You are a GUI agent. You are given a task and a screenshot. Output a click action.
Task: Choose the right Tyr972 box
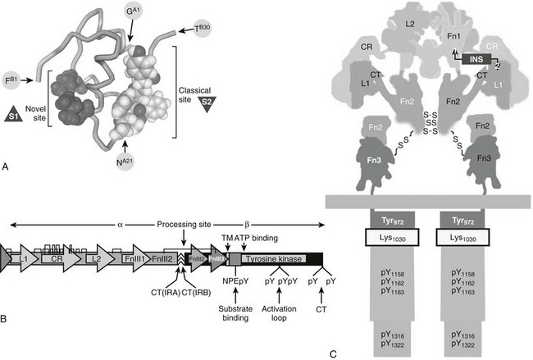[x=471, y=220]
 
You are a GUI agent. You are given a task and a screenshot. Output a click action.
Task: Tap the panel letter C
[x=332, y=353]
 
